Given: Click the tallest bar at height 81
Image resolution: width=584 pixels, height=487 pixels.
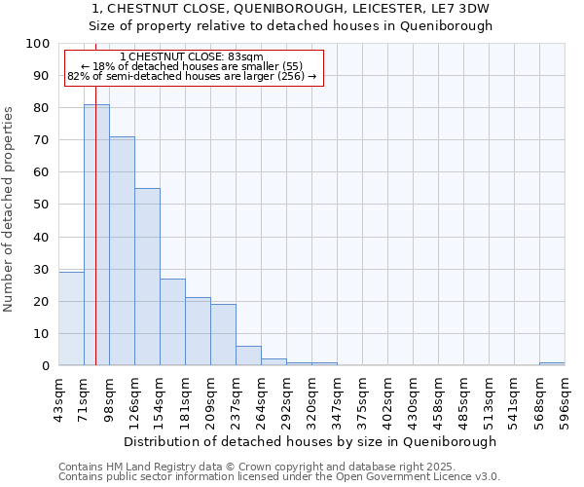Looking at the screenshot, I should point(96,234).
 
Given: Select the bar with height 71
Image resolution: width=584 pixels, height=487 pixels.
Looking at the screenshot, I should point(122,251).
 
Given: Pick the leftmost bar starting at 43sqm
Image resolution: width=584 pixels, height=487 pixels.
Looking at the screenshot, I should point(71,318).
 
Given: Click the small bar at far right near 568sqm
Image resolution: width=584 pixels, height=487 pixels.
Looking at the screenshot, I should point(552,363).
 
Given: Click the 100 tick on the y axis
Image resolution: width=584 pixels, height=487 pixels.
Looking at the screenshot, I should point(38,44).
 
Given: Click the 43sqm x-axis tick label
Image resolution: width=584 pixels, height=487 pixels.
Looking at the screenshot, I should point(58,393).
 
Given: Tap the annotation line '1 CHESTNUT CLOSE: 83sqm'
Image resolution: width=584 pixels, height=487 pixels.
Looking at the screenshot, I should point(194,57).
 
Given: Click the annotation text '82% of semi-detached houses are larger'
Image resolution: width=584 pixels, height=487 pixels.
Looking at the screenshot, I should point(192,76).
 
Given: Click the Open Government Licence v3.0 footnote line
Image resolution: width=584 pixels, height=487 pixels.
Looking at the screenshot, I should point(278,477).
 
